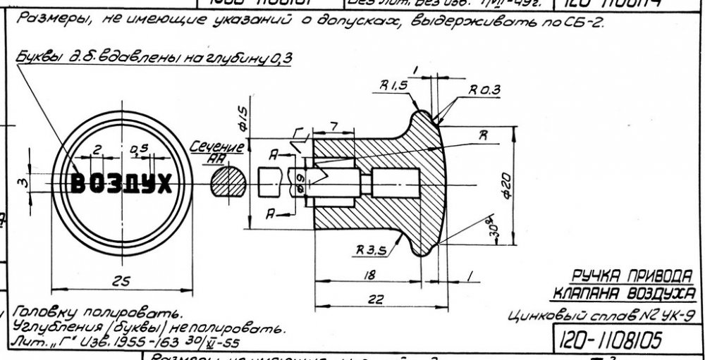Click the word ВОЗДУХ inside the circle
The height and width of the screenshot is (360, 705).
121,185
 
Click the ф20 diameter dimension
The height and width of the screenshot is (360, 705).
507,186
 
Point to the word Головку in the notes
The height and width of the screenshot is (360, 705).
39,311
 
